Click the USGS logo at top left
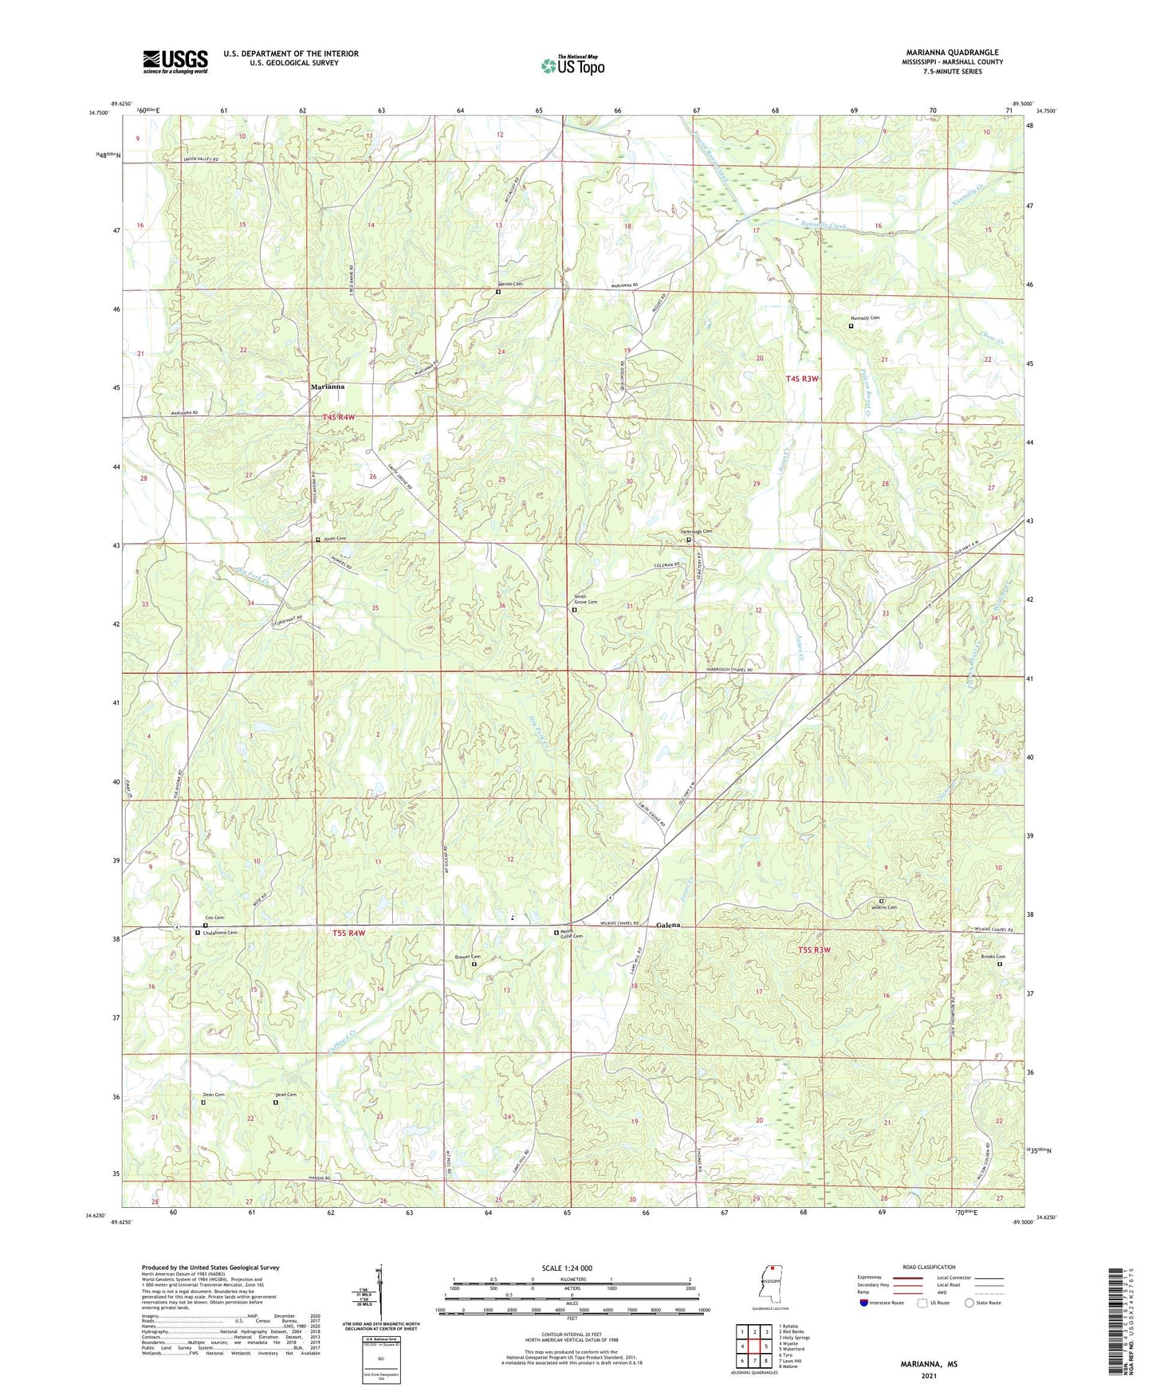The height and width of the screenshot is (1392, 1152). pyautogui.click(x=175, y=61)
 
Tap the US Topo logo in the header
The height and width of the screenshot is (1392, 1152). pyautogui.click(x=572, y=65)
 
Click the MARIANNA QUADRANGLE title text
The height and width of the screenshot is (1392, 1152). pyautogui.click(x=952, y=53)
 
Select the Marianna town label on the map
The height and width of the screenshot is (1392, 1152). pyautogui.click(x=328, y=387)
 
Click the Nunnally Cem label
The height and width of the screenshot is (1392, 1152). pyautogui.click(x=865, y=318)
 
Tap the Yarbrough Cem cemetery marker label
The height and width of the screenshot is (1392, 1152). pyautogui.click(x=695, y=532)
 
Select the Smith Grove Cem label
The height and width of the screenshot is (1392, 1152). pyautogui.click(x=584, y=600)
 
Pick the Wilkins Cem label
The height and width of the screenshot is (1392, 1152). pyautogui.click(x=883, y=907)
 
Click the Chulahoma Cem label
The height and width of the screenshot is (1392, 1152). pyautogui.click(x=220, y=932)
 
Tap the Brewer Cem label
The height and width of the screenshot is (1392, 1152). pyautogui.click(x=468, y=957)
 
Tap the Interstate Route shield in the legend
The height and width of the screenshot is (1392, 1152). pyautogui.click(x=864, y=1303)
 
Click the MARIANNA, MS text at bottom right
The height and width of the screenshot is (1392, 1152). pyautogui.click(x=929, y=1364)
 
